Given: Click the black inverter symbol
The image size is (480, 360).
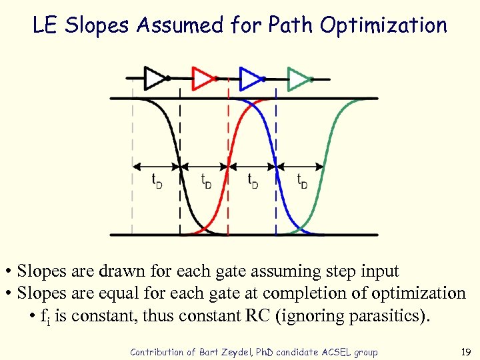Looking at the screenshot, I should (x=155, y=78).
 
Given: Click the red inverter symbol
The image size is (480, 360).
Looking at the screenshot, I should (x=203, y=78).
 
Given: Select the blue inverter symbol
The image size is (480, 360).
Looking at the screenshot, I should (x=251, y=78).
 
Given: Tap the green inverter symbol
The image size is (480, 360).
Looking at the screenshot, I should (x=298, y=78).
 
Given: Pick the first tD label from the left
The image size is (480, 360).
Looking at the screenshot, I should (x=157, y=180).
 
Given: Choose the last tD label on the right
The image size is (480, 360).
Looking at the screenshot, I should (x=302, y=180).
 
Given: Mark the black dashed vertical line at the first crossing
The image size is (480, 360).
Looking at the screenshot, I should (x=180, y=207).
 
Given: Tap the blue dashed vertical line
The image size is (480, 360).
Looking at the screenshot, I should (x=276, y=207).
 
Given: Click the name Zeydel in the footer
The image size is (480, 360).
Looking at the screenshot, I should (x=234, y=352).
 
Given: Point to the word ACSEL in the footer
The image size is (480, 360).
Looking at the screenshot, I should (x=336, y=352).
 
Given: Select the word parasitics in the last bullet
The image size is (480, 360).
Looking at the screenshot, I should (x=383, y=315).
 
